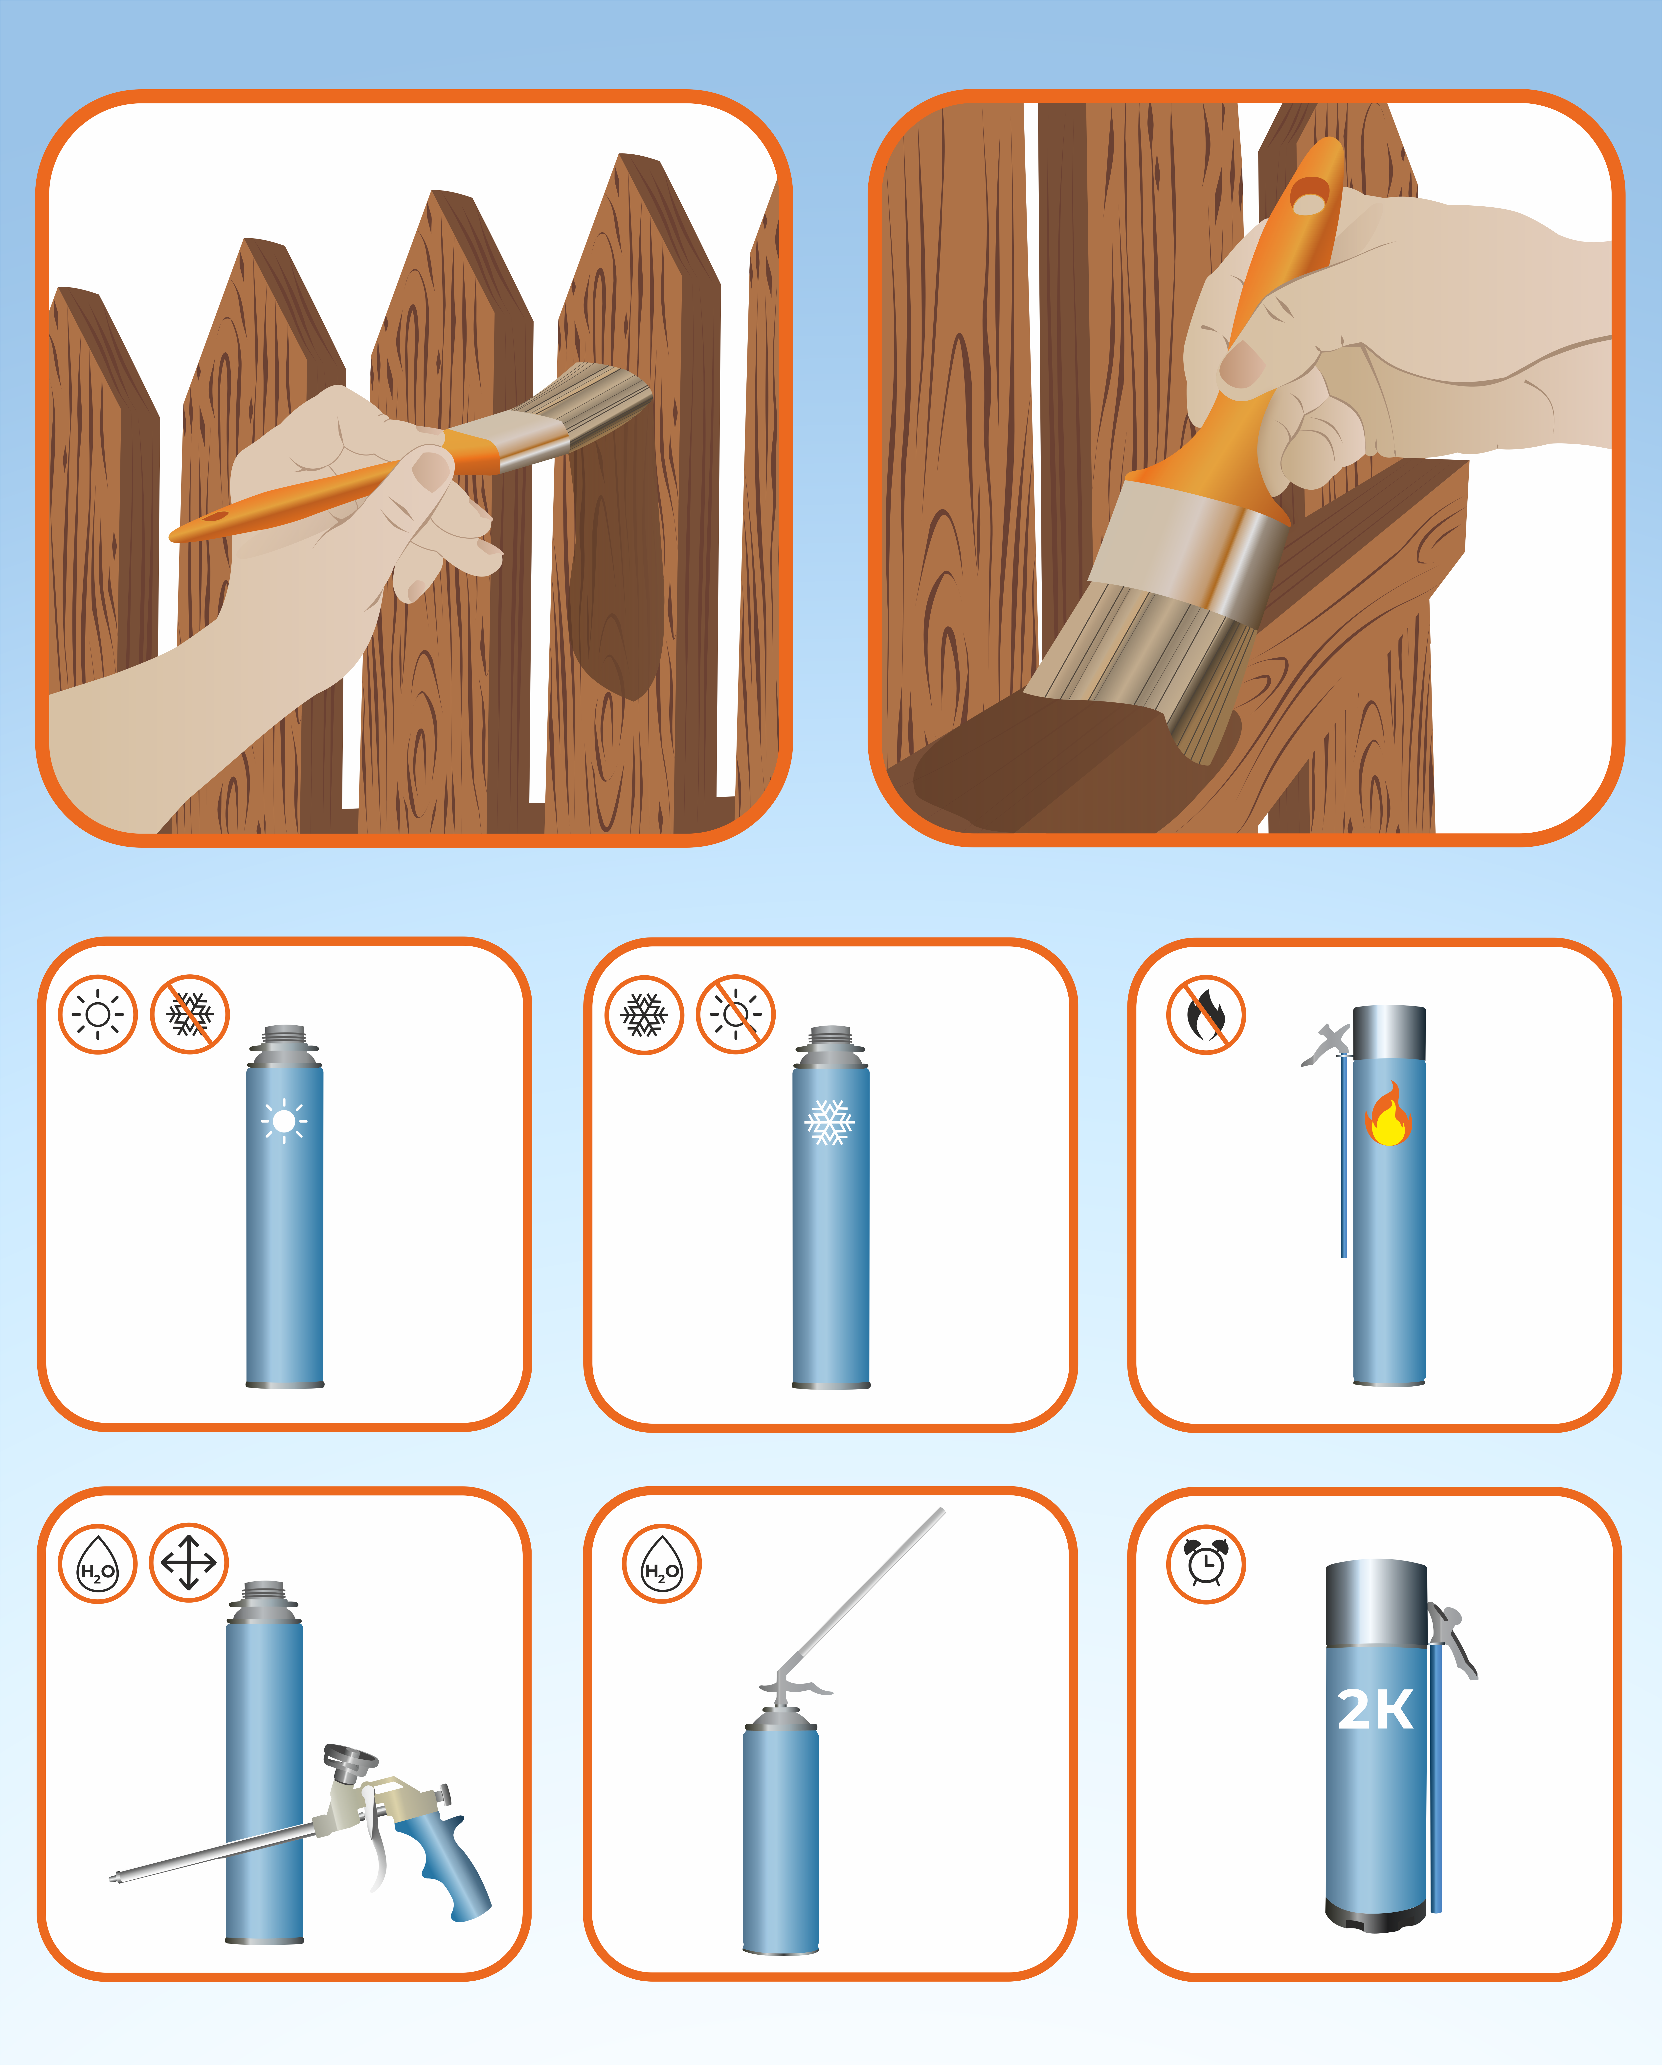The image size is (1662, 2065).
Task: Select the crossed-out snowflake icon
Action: pyautogui.click(x=190, y=1014)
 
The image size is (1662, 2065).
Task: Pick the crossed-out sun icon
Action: pyautogui.click(x=735, y=1014)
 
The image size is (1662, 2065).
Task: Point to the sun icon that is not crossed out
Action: pyautogui.click(x=98, y=1014)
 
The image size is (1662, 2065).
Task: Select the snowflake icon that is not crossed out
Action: pyautogui.click(x=644, y=1014)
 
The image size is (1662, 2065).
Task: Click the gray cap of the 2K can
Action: pyautogui.click(x=1376, y=1602)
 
